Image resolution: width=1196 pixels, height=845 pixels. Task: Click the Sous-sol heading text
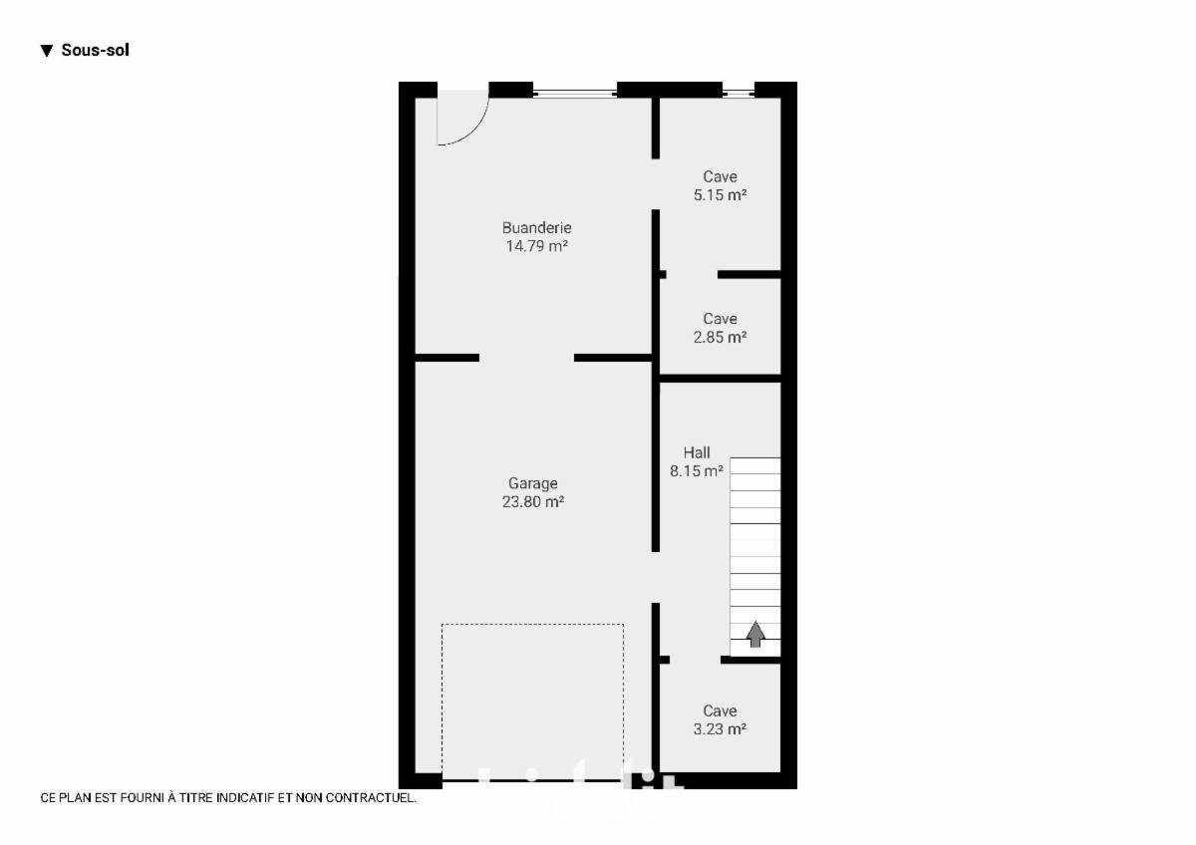tap(95, 50)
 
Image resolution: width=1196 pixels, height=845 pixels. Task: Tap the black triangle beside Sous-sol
tap(47, 51)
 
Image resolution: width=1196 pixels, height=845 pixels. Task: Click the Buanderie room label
tap(536, 228)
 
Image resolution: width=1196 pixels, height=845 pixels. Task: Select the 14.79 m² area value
tap(536, 246)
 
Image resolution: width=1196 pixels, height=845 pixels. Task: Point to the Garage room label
tap(533, 483)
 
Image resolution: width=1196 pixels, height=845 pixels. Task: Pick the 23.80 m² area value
tap(533, 502)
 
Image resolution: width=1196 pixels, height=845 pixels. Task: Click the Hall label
tap(697, 452)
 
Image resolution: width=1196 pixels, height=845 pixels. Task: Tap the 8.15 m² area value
tap(697, 470)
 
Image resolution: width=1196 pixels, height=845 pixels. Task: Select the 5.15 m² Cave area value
tap(720, 195)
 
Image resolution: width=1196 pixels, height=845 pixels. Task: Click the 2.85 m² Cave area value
tap(720, 338)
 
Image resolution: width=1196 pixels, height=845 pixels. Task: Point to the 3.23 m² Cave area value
tap(720, 729)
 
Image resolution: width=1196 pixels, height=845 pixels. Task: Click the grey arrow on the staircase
tap(755, 634)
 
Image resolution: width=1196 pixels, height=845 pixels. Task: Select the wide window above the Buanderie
tap(575, 94)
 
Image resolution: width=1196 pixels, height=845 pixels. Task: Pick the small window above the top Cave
tap(739, 94)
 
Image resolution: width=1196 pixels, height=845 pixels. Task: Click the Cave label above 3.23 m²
tap(720, 711)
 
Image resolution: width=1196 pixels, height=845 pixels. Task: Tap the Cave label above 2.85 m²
tap(720, 319)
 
